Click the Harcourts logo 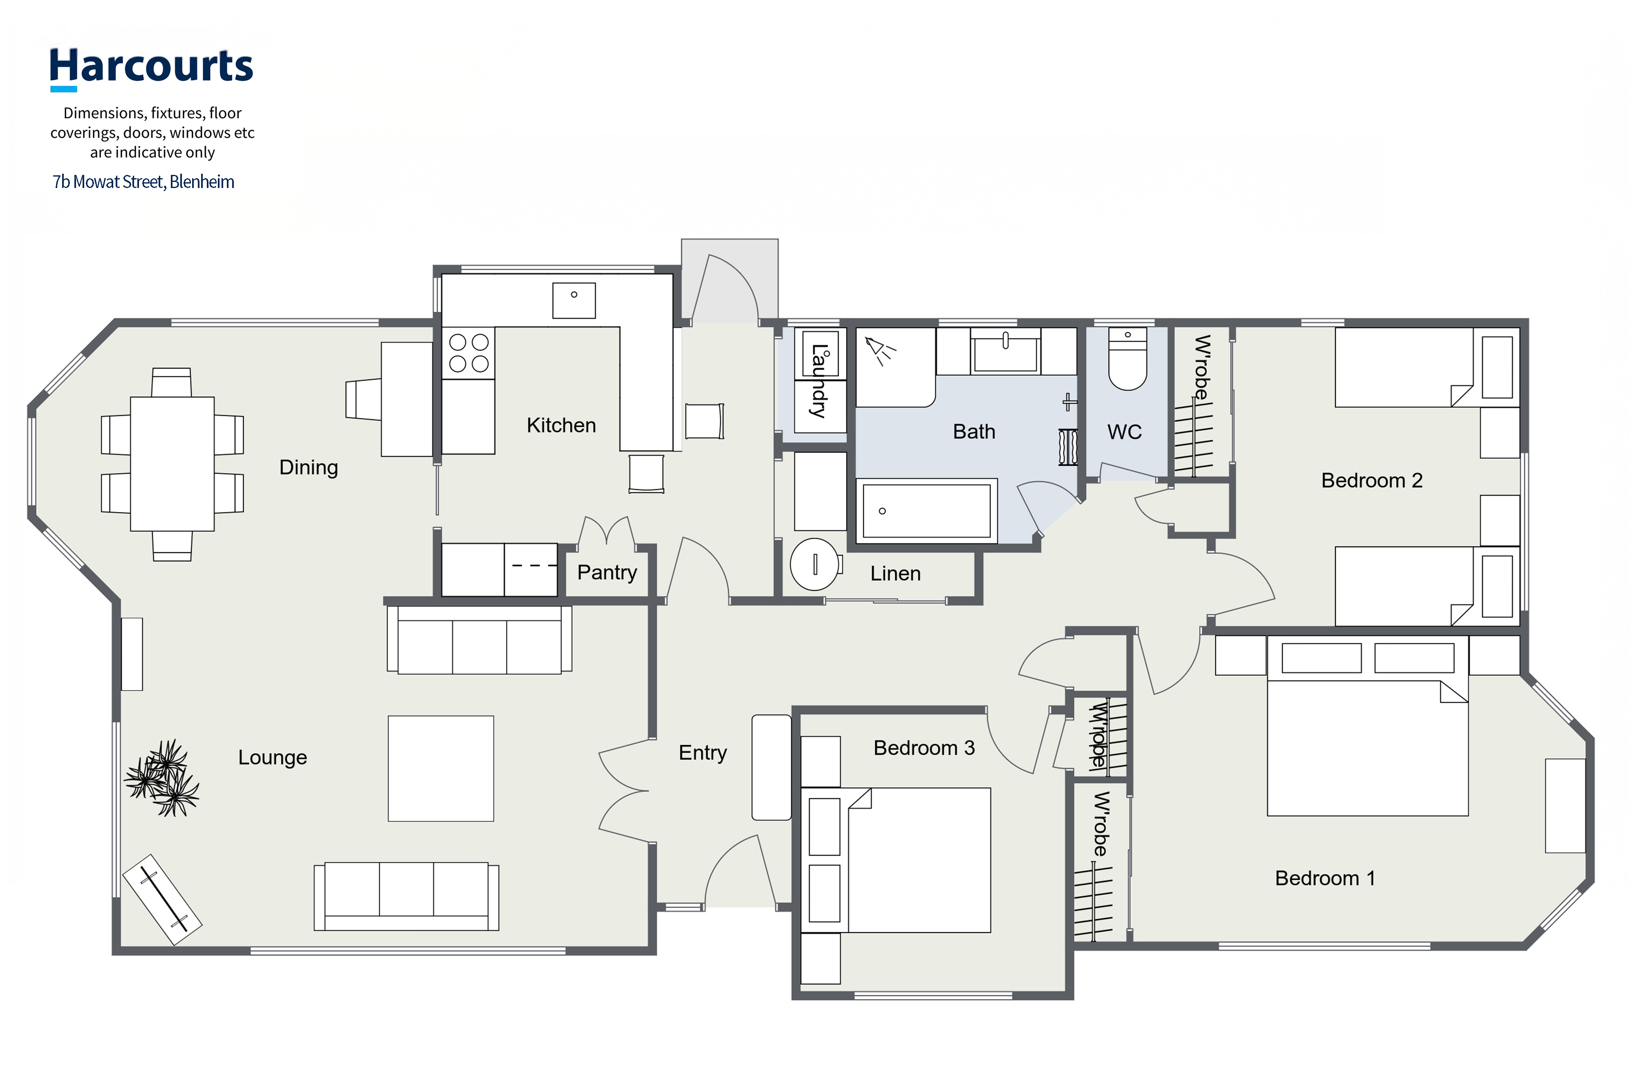tap(151, 68)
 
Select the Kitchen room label tap(561, 425)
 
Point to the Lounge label tap(273, 758)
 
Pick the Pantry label tap(607, 573)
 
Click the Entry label tap(703, 753)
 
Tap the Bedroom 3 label tap(924, 748)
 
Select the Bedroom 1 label tap(1325, 879)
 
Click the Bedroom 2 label tap(1371, 480)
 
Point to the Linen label tap(895, 573)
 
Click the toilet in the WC tap(1128, 359)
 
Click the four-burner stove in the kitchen tap(468, 353)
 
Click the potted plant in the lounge tap(162, 778)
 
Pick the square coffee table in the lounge tap(441, 769)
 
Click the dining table tap(172, 463)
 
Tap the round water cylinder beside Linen tap(815, 564)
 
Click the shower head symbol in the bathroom tap(879, 350)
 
